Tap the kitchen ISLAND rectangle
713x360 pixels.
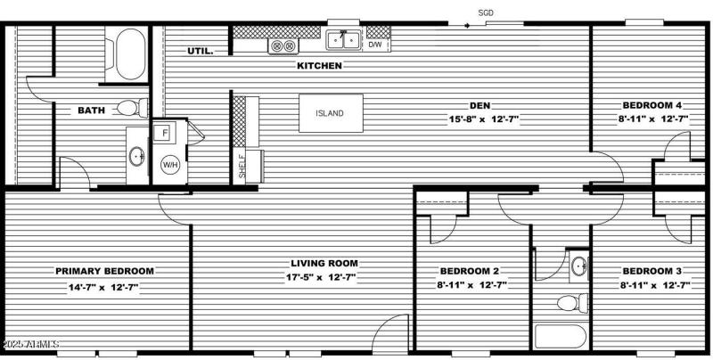pos(330,113)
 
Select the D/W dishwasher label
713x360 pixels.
pos(375,44)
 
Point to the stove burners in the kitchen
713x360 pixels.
pos(282,45)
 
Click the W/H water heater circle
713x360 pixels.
pos(169,165)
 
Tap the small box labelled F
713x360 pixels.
pos(165,134)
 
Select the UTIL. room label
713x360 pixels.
pos(201,51)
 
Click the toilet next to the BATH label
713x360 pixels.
pos(129,108)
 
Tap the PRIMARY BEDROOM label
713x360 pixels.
pos(104,271)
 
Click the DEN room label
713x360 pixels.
pos(480,104)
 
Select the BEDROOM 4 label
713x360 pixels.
pos(648,104)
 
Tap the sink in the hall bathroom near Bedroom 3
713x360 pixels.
pos(579,265)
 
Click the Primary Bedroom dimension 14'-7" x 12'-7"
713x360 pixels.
pos(104,287)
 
